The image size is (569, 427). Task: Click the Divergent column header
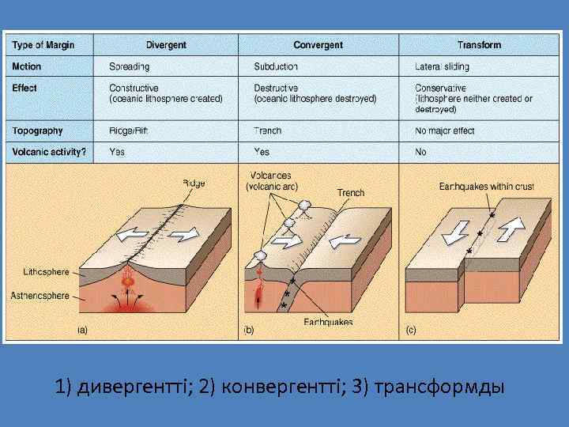click(x=166, y=45)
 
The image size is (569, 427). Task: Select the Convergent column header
click(x=318, y=45)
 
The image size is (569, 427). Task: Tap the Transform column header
click(x=479, y=45)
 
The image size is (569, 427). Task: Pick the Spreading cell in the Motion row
click(x=129, y=67)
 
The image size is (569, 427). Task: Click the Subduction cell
click(x=276, y=67)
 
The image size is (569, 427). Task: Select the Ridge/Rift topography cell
click(x=130, y=130)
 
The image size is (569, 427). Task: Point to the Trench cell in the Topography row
click(x=269, y=130)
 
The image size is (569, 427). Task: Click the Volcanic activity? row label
click(x=49, y=151)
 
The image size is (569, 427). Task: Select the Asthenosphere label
click(x=40, y=296)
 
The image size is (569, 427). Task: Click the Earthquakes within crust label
click(x=487, y=187)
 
